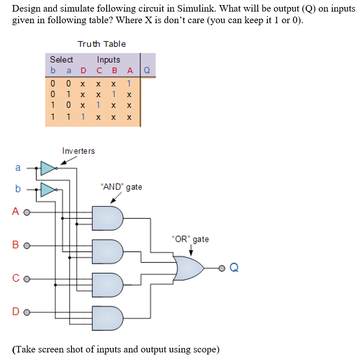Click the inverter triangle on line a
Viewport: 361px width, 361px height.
(x=48, y=169)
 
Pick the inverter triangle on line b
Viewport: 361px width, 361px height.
(x=48, y=190)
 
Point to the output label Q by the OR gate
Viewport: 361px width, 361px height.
(x=233, y=268)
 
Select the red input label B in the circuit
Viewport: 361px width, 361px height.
(x=16, y=246)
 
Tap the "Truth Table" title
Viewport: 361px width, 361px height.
(x=102, y=44)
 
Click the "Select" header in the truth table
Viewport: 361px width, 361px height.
(x=61, y=59)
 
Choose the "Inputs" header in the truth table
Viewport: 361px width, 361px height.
(x=108, y=59)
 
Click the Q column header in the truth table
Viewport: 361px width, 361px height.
(x=147, y=70)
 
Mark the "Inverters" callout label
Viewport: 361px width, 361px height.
(x=78, y=151)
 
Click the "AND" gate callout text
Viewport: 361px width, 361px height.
(x=121, y=187)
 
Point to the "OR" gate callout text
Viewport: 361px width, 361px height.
(x=190, y=239)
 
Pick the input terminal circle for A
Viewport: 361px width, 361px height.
(x=26, y=212)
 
